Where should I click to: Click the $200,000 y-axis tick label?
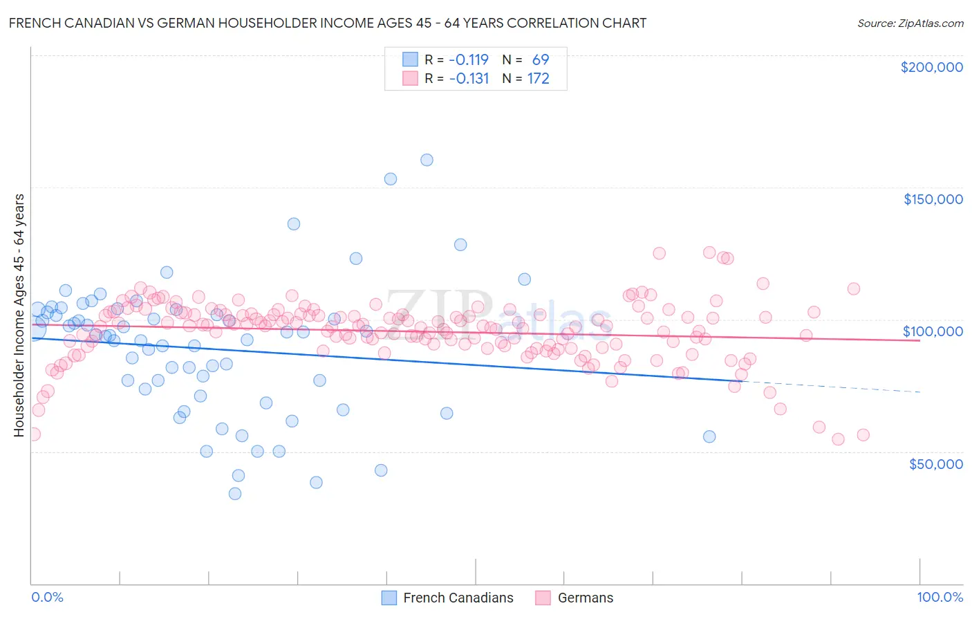[x=931, y=67]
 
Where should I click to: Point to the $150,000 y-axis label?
[x=933, y=199]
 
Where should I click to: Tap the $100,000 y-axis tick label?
[x=933, y=331]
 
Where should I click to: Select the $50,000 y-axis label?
[x=935, y=463]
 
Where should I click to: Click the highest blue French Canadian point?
[x=427, y=160]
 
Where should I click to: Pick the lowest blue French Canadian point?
[x=235, y=494]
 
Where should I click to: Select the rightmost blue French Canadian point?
[x=709, y=436]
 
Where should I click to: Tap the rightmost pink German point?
[x=863, y=435]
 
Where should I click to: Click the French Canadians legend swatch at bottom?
[x=389, y=598]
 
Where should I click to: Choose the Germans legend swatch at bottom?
[x=543, y=598]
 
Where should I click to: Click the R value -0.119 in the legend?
[x=468, y=60]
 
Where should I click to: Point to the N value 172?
[x=538, y=79]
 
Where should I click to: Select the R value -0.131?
[x=468, y=79]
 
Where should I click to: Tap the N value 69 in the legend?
[x=540, y=60]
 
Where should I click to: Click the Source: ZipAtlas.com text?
[x=910, y=24]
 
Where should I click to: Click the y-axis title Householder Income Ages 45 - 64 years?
[x=19, y=315]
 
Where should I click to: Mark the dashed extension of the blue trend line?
[x=830, y=387]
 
